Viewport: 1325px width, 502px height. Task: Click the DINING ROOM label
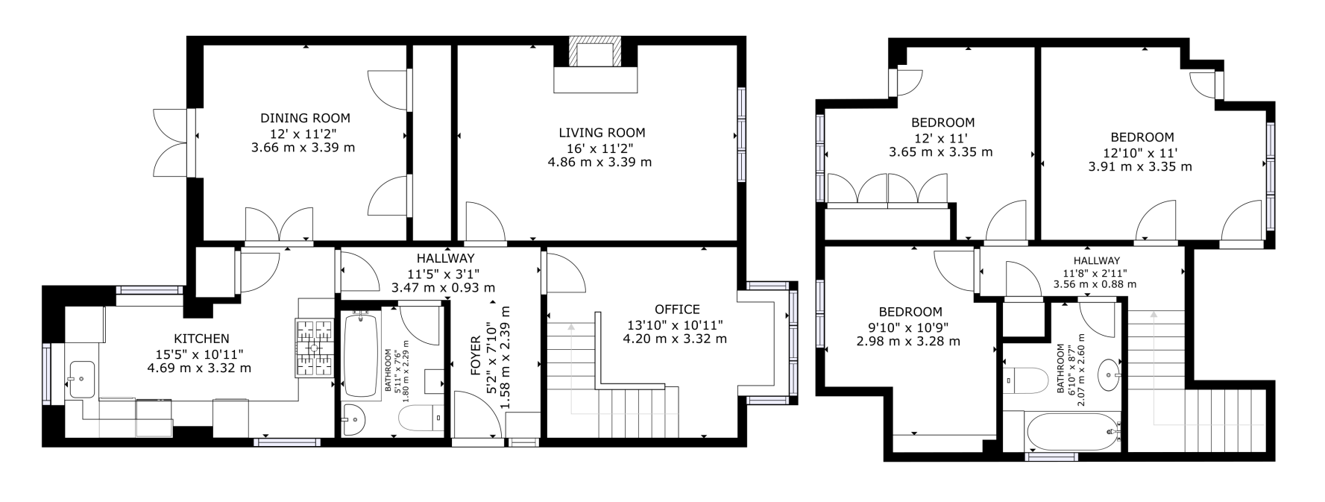pos(305,118)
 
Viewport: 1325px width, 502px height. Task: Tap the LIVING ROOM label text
pos(602,133)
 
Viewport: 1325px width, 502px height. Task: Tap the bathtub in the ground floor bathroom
pos(362,354)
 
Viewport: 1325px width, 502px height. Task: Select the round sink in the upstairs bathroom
pos(1112,370)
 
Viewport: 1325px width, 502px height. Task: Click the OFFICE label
pos(676,310)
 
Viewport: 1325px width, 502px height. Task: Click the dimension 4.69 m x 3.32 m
pos(199,368)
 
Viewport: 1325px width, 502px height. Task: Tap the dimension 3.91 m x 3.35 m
pos(1140,166)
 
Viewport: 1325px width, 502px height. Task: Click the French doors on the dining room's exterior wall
pos(169,142)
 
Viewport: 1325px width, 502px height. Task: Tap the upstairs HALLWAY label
pos(1096,260)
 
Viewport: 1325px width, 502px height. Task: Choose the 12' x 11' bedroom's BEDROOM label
pos(942,122)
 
